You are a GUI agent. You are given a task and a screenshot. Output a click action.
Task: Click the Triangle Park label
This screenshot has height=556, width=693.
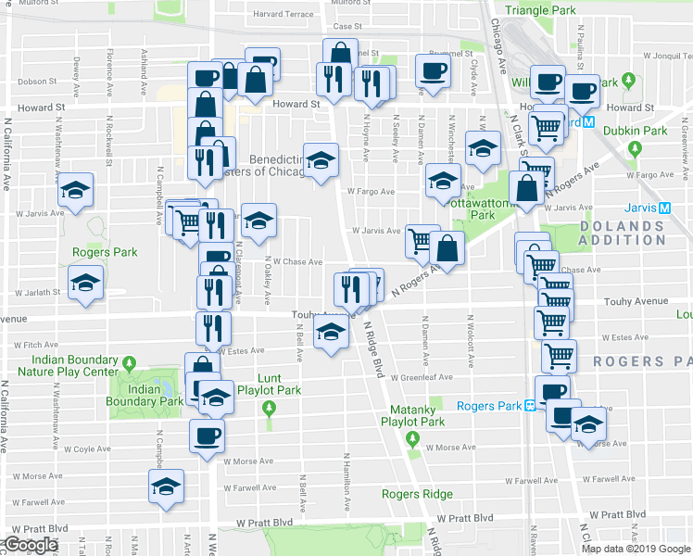coord(542,9)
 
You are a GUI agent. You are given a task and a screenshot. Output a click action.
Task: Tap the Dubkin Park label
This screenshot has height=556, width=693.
coord(635,131)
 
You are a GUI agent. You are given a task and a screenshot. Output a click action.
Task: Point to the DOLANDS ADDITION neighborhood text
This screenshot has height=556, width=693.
coord(623,233)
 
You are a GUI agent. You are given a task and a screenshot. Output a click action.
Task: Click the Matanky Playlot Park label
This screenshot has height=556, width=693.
coord(413,414)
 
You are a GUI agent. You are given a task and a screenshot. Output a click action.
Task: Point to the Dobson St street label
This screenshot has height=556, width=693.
coord(36,80)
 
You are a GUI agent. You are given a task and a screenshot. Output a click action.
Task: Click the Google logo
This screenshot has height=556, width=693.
coord(30,545)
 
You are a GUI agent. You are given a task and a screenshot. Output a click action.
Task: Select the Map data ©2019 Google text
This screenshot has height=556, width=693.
coord(636,549)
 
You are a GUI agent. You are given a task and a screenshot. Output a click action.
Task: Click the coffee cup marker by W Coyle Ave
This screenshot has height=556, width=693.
coord(206,434)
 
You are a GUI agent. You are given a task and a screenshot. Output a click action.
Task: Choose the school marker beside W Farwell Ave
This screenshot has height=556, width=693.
coord(167,485)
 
